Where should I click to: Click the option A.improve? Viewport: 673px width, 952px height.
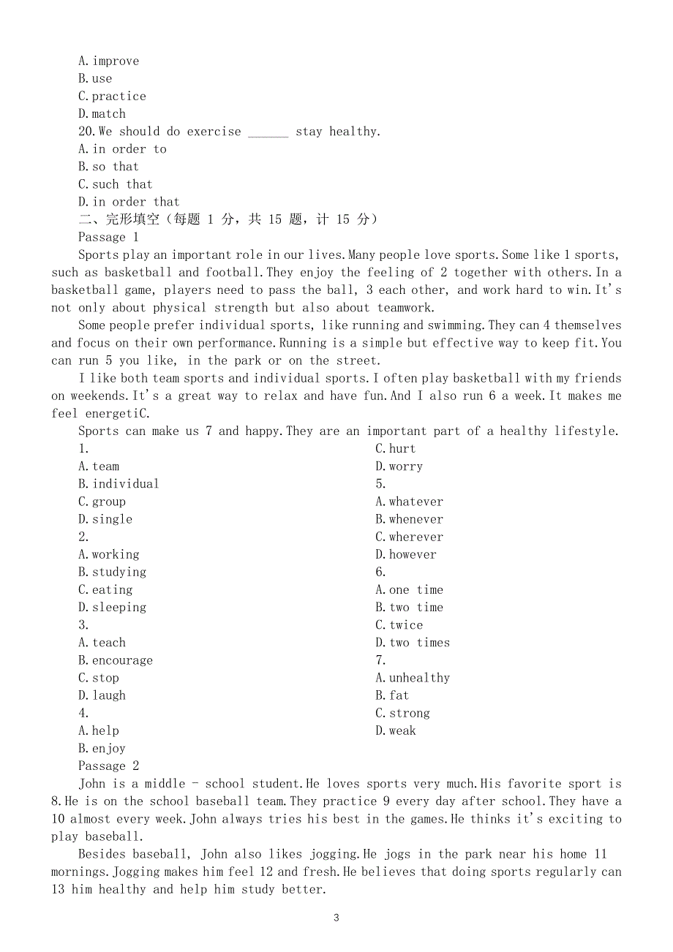108,61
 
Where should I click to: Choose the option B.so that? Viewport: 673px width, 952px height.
108,167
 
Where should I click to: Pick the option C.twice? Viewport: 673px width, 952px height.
399,625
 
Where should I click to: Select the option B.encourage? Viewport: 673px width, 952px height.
116,660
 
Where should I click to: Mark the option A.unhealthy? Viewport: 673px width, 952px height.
413,678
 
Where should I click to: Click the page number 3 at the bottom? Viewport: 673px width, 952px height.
336,918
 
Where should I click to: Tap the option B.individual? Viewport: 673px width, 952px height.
119,484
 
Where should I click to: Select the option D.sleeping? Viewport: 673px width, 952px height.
112,608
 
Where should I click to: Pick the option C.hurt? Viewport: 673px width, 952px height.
395,449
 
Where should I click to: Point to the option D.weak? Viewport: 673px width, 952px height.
395,730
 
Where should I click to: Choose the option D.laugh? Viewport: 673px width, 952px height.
102,695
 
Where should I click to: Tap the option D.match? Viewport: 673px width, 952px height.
102,114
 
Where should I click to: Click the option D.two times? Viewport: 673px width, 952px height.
413,643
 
